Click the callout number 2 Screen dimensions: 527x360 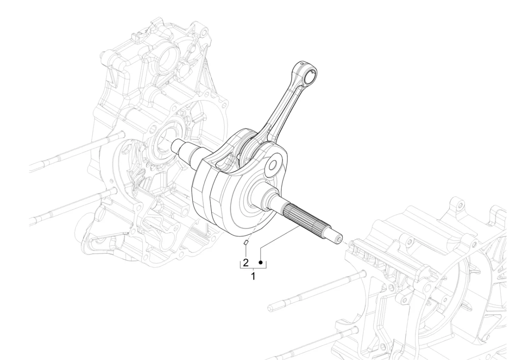click(x=246, y=263)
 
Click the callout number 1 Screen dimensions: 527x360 click(x=253, y=276)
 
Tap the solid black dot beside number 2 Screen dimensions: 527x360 click(x=261, y=263)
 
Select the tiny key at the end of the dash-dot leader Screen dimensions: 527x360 click(x=245, y=243)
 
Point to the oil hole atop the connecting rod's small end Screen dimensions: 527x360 click(x=301, y=63)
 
